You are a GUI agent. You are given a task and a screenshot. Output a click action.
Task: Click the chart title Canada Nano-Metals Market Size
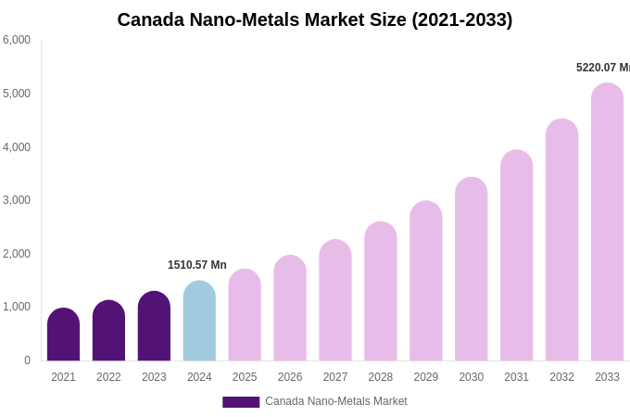pos(314,19)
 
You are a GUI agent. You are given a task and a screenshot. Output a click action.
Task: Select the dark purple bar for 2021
pos(63,335)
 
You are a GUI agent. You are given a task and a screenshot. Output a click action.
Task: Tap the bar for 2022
pos(108,331)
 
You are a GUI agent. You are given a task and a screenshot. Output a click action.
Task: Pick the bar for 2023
pos(154,326)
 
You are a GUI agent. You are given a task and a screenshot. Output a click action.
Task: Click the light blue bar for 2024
pos(199,321)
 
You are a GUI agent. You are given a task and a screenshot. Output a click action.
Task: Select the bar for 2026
pos(290,309)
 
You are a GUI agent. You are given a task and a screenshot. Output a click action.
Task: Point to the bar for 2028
pos(381,291)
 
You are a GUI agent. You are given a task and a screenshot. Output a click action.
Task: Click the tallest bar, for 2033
pos(607,222)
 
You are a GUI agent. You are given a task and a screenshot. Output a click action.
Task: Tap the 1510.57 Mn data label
pos(196,265)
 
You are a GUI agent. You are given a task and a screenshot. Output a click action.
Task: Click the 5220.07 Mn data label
pos(602,68)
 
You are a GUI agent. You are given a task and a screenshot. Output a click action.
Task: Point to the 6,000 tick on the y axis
pos(17,40)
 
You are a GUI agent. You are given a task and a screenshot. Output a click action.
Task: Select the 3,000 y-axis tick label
pos(17,200)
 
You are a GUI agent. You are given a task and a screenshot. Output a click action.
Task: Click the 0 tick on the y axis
pos(27,360)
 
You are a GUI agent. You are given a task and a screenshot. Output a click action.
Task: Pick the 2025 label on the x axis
pos(245,377)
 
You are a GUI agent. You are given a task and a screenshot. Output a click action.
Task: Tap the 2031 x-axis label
pos(516,377)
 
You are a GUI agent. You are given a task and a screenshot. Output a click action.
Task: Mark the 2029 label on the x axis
pos(426,377)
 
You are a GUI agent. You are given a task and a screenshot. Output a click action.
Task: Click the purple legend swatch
pos(241,402)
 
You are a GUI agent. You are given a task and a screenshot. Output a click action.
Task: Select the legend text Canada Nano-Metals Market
pos(336,401)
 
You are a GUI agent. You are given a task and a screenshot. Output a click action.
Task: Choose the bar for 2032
pos(561,240)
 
